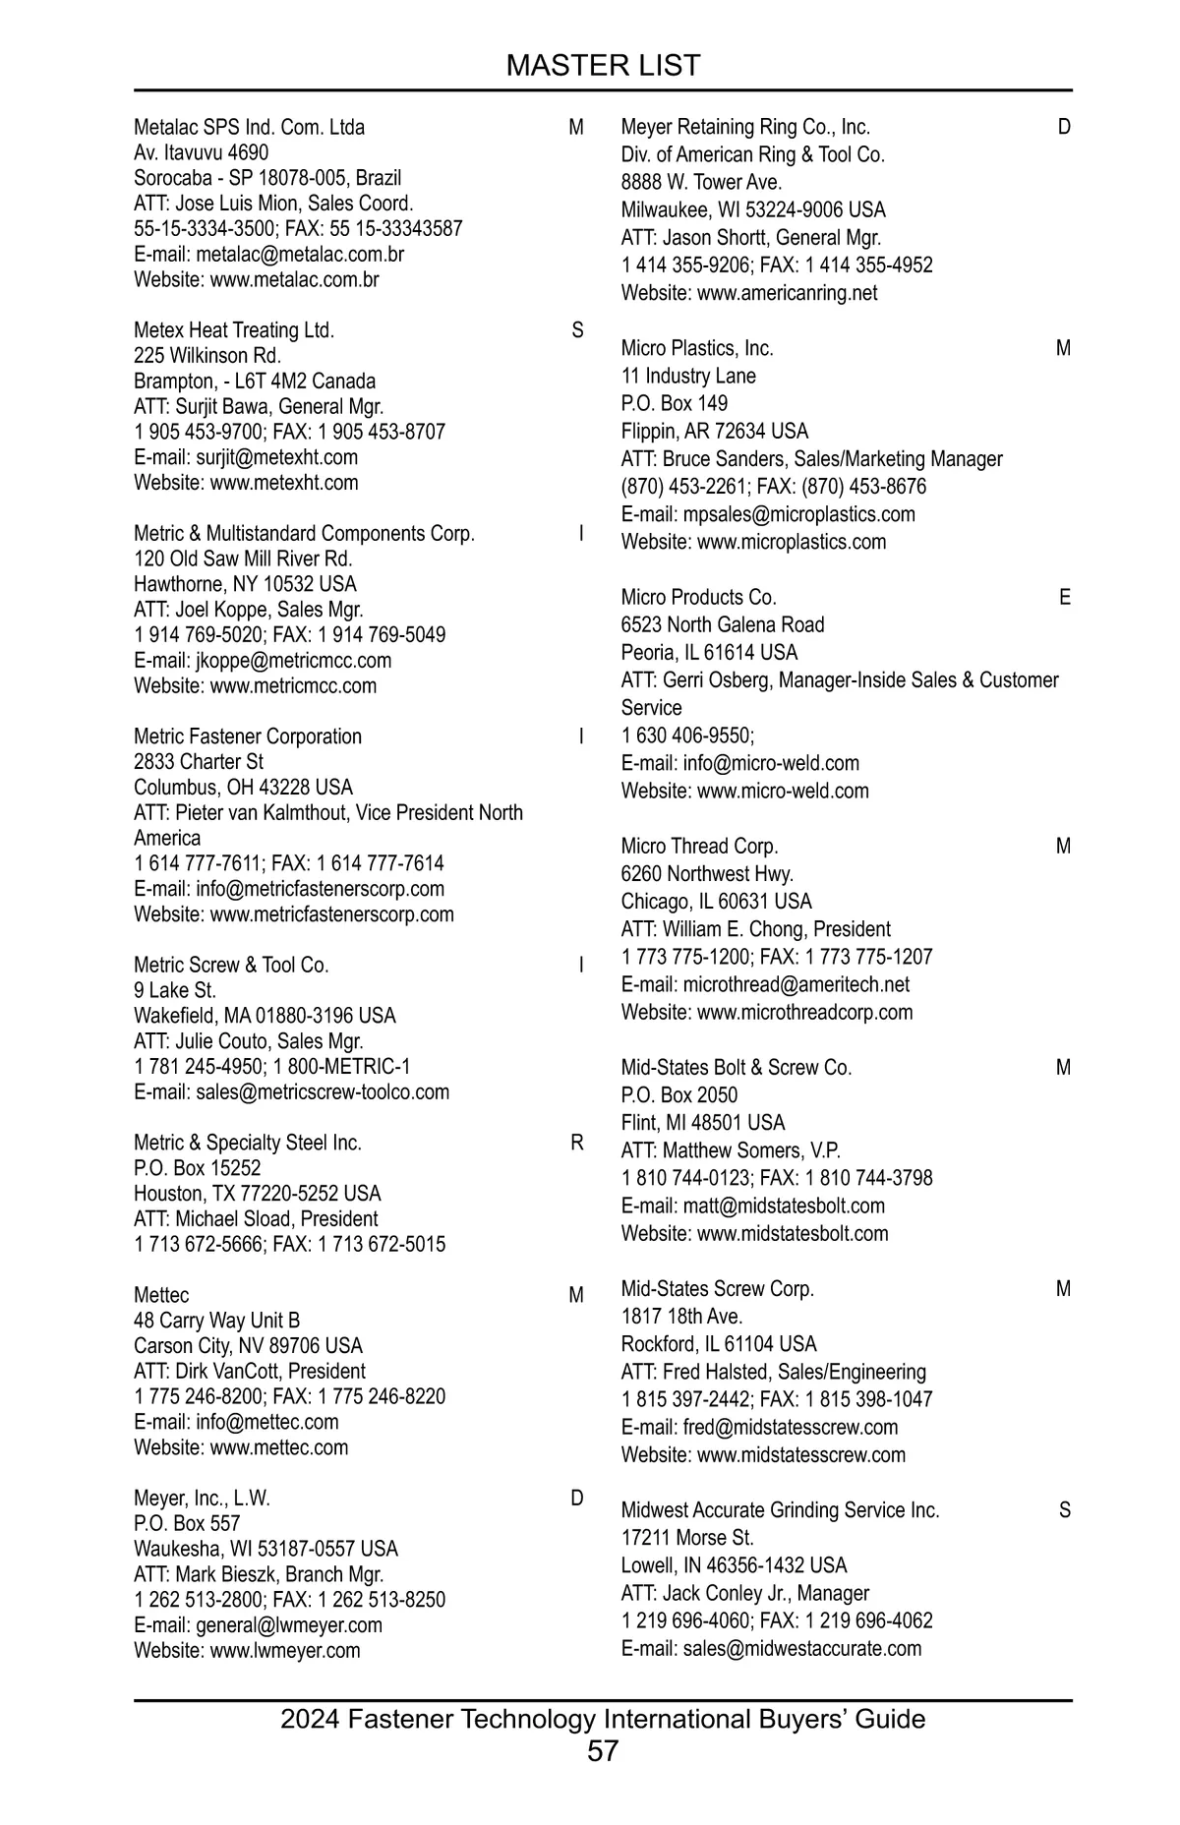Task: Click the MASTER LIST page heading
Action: [x=603, y=66]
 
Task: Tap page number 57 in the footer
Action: [x=603, y=1750]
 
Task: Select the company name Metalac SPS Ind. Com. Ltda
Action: [x=249, y=128]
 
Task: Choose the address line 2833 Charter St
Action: [x=199, y=762]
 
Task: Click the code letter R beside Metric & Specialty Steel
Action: [x=577, y=1143]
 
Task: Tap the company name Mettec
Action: [x=161, y=1295]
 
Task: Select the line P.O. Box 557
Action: [x=187, y=1524]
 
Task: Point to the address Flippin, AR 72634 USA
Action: [x=714, y=432]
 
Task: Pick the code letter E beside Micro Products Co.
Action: [x=1065, y=597]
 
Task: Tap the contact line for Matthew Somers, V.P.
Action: [x=731, y=1150]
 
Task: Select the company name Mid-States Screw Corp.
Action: [x=717, y=1289]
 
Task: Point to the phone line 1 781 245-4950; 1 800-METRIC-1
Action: [x=272, y=1067]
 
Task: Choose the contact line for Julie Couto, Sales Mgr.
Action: [x=249, y=1041]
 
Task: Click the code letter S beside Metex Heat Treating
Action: [x=577, y=330]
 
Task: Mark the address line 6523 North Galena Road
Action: [x=723, y=625]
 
